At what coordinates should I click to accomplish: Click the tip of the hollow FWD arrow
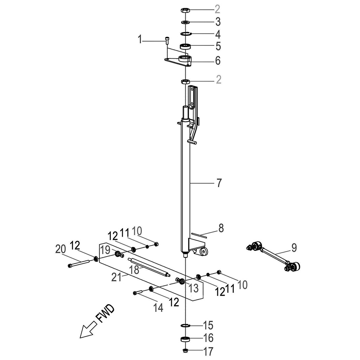pyautogui.click(x=80, y=338)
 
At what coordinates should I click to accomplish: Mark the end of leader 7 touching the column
pyautogui.click(x=190, y=183)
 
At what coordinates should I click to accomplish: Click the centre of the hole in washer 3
pyautogui.click(x=185, y=22)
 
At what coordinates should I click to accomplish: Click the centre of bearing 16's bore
pyautogui.click(x=185, y=339)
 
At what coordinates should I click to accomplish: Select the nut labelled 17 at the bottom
pyautogui.click(x=185, y=351)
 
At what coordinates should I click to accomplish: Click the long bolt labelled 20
pyautogui.click(x=78, y=263)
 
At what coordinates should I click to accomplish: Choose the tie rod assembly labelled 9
pyautogui.click(x=273, y=256)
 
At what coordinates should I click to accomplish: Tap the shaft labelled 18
pyautogui.click(x=149, y=268)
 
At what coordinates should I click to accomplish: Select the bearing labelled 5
pyautogui.click(x=186, y=46)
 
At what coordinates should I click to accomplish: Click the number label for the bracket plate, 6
pyautogui.click(x=217, y=60)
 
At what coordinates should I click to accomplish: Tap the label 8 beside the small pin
pyautogui.click(x=221, y=228)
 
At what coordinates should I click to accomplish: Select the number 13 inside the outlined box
pyautogui.click(x=193, y=288)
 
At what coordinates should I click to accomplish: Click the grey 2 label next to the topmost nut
pyautogui.click(x=217, y=9)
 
